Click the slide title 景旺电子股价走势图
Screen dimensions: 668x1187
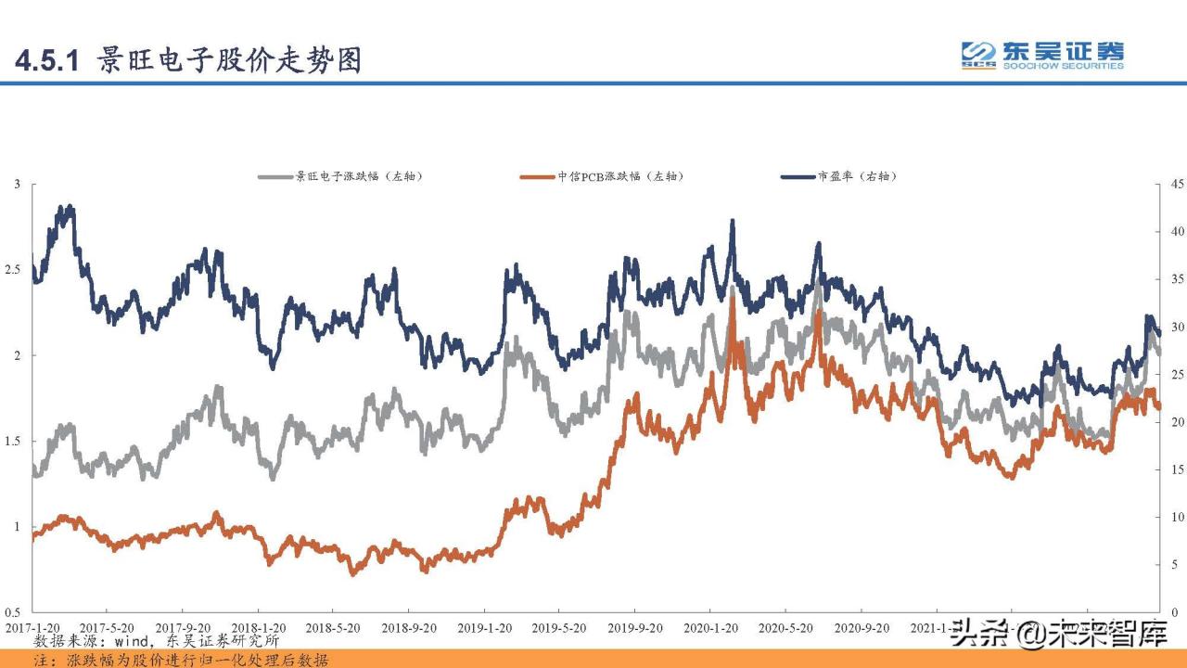coord(228,60)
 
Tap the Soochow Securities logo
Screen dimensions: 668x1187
coord(1041,56)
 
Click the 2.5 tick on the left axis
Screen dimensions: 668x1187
coord(12,270)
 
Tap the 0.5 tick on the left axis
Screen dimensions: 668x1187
coord(12,612)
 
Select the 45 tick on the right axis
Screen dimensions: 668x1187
coord(1173,185)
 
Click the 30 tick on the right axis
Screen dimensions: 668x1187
coord(1173,328)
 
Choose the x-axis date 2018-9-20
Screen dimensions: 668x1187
coord(409,628)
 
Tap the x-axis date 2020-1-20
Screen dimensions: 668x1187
coord(710,628)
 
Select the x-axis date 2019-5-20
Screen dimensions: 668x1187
coord(560,628)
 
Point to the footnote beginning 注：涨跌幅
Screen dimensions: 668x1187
coord(181,660)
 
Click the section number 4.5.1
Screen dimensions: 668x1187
coord(50,61)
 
